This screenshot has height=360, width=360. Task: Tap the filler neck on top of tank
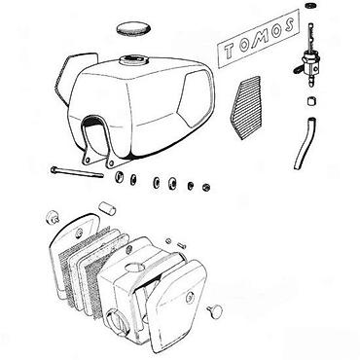click(x=133, y=59)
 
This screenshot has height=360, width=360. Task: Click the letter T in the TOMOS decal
click(x=230, y=51)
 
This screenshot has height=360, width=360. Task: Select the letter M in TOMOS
click(x=261, y=36)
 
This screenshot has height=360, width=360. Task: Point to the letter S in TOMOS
click(x=289, y=24)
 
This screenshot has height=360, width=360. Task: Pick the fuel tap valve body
click(x=310, y=64)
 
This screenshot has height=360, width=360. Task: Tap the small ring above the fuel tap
click(x=310, y=5)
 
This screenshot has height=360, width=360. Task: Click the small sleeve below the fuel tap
click(x=311, y=101)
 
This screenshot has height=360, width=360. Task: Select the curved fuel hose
click(x=305, y=143)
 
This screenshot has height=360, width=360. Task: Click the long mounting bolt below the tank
click(x=77, y=172)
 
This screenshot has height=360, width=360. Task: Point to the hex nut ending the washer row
click(x=205, y=187)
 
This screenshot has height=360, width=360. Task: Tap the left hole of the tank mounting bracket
click(x=87, y=160)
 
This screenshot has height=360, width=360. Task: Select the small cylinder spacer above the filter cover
click(x=107, y=208)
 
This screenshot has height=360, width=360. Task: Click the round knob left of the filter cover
click(x=52, y=217)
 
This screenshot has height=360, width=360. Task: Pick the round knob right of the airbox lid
click(x=215, y=311)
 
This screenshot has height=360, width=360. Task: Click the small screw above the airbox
click(x=182, y=245)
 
